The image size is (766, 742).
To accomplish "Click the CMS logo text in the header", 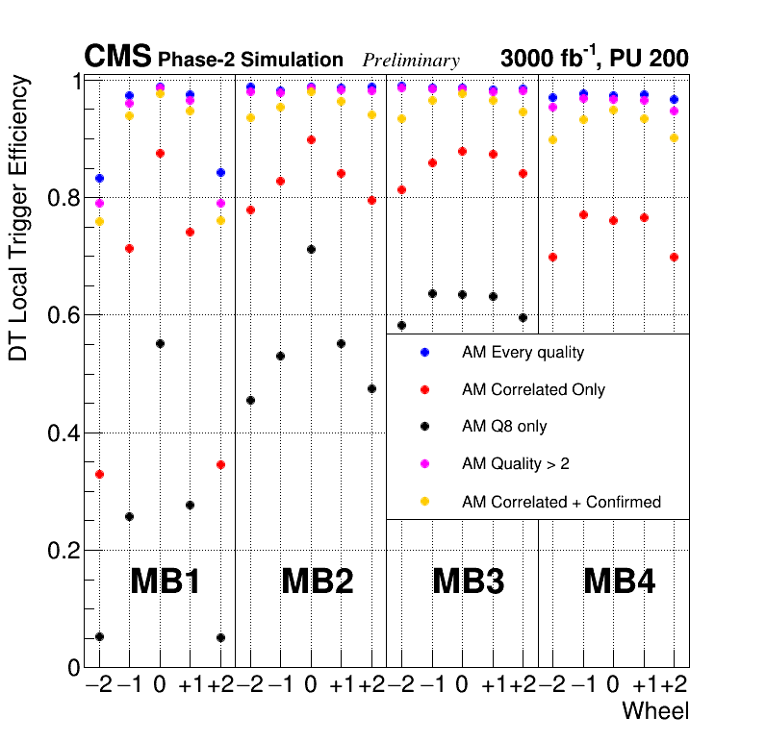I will pyautogui.click(x=117, y=58).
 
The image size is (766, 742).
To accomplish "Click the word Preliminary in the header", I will pyautogui.click(x=411, y=61).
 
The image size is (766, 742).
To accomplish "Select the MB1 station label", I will pyautogui.click(x=165, y=581).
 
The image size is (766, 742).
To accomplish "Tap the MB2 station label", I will pyautogui.click(x=317, y=581).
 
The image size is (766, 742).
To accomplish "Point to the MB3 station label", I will pyautogui.click(x=469, y=581).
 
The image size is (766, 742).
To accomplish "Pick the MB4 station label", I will pyautogui.click(x=620, y=581).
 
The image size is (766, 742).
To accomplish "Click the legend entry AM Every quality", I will pyautogui.click(x=523, y=353).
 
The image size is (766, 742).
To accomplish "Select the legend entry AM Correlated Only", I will pyautogui.click(x=533, y=390).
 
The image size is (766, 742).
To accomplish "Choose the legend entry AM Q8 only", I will pyautogui.click(x=504, y=427).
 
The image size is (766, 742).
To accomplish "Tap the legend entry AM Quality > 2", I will pyautogui.click(x=515, y=464).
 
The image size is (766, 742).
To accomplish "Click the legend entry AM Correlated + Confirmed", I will pyautogui.click(x=561, y=502).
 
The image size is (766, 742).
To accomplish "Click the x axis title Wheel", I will pyautogui.click(x=655, y=712).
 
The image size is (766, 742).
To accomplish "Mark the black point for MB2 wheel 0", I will pyautogui.click(x=311, y=250).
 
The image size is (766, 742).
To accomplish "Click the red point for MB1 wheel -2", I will pyautogui.click(x=99, y=475).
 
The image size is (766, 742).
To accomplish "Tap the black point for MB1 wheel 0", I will pyautogui.click(x=160, y=344).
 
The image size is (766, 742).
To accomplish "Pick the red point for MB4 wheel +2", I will pyautogui.click(x=675, y=258).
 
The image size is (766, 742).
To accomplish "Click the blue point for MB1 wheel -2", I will pyautogui.click(x=99, y=179).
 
